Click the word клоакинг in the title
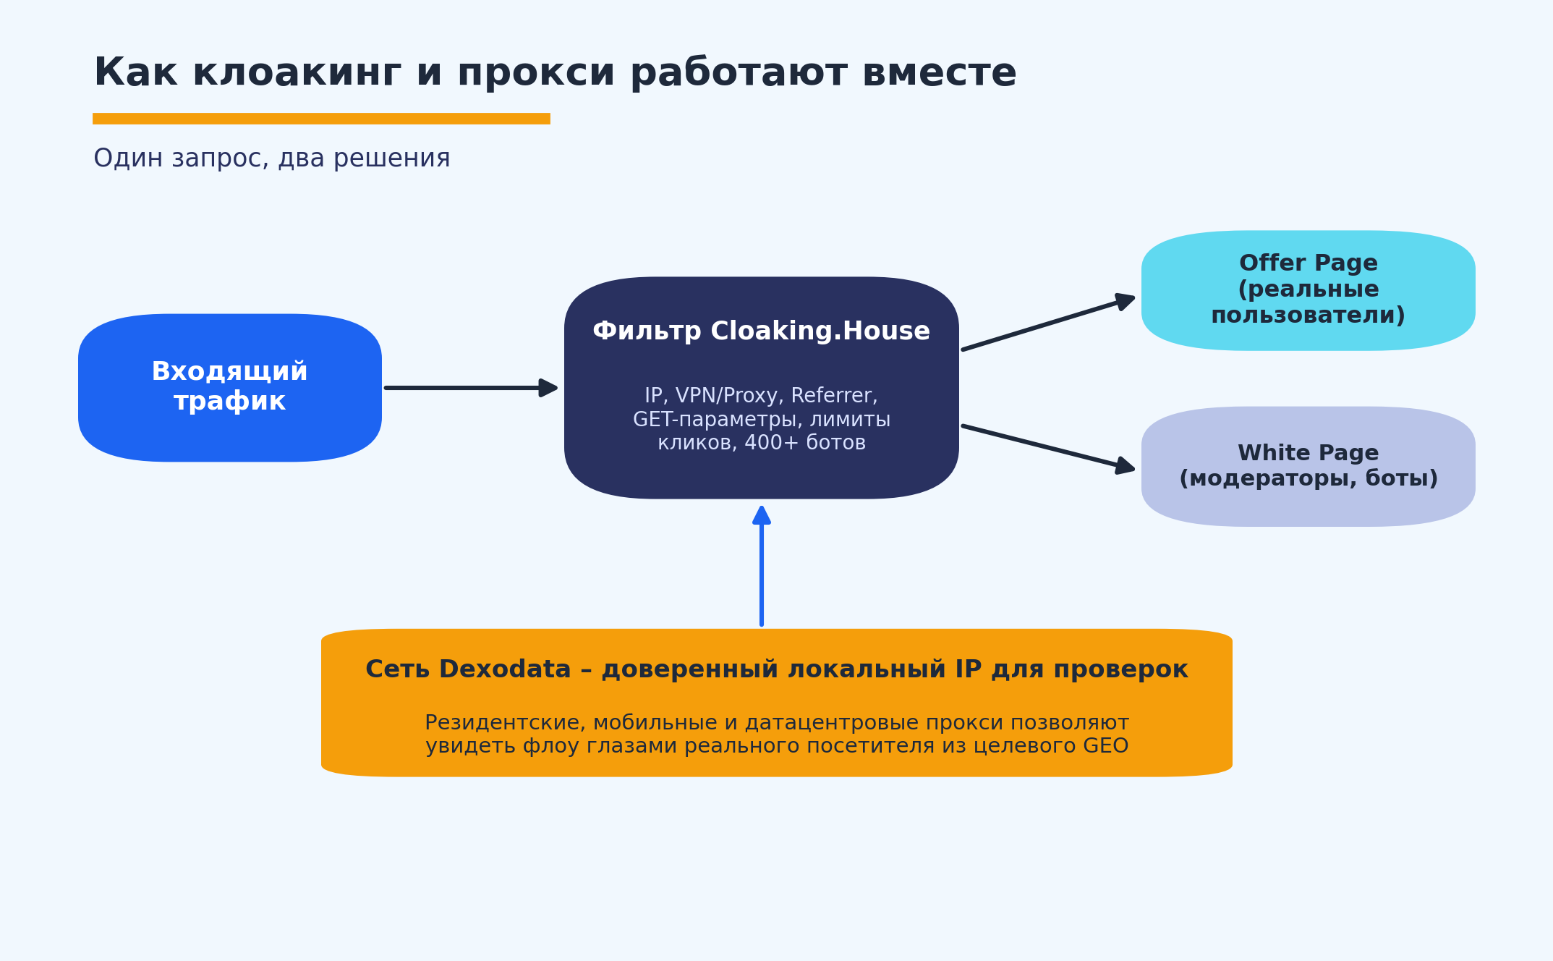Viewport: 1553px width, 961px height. pyautogui.click(x=297, y=74)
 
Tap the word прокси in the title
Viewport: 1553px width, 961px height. pyautogui.click(x=536, y=74)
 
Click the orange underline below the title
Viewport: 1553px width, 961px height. pyautogui.click(x=321, y=119)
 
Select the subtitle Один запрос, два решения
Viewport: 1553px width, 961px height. pyautogui.click(x=272, y=158)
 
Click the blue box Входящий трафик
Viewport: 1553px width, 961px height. pyautogui.click(x=230, y=388)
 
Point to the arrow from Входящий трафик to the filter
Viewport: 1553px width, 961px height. pyautogui.click(x=471, y=388)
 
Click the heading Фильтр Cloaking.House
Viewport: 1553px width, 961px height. pyautogui.click(x=761, y=331)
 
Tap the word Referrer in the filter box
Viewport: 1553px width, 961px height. pyautogui.click(x=834, y=396)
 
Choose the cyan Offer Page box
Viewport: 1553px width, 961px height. pyautogui.click(x=1309, y=291)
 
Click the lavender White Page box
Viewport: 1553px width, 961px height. pyautogui.click(x=1309, y=467)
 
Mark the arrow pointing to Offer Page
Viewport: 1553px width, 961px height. pyautogui.click(x=1048, y=323)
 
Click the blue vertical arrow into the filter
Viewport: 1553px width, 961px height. pyautogui.click(x=762, y=566)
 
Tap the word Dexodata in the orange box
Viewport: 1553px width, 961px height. pyautogui.click(x=505, y=669)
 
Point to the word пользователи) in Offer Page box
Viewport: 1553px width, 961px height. pyautogui.click(x=1308, y=316)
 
